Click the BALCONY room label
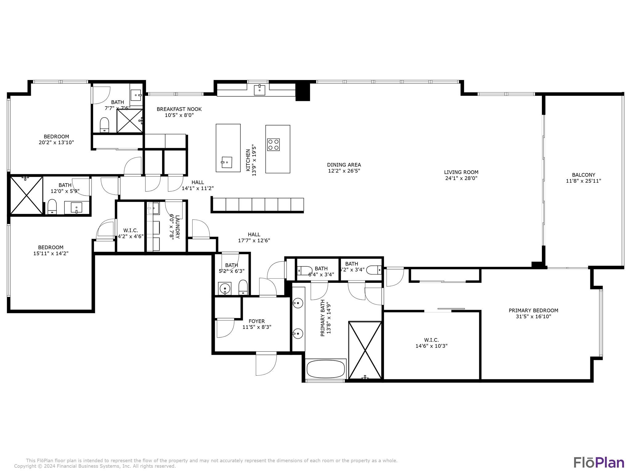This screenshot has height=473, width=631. pos(584,175)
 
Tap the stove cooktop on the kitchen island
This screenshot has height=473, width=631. pos(273,145)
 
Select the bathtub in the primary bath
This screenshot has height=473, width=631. pos(326,369)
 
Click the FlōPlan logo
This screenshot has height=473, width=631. pos(599,463)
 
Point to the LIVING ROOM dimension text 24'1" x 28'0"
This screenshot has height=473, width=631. pos(461,178)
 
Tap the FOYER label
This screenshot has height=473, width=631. pos(257,321)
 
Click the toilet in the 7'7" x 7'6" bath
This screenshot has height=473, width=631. pos(105,124)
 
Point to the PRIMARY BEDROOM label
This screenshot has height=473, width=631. pos(533,310)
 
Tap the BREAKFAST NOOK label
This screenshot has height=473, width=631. pos(179,109)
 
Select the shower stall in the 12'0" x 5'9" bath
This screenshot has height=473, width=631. pos(26,195)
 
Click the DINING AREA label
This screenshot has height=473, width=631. pos(344,165)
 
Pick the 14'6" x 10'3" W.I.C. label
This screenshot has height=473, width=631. pos(431,340)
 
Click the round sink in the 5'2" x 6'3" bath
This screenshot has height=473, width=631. pos(225,289)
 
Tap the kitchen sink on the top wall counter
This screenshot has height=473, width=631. pos(259,90)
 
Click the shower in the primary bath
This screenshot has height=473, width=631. pos(365,350)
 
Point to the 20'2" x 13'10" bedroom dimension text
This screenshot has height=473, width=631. pos(56,143)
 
